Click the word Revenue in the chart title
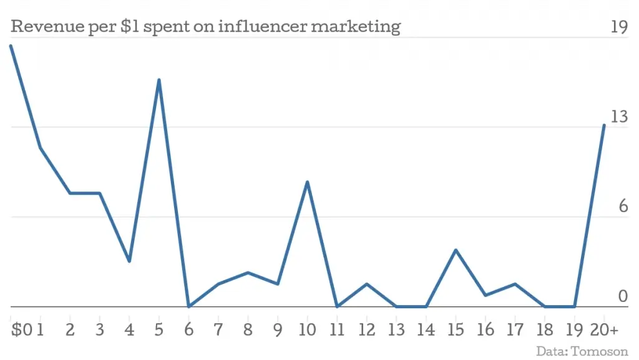click(x=42, y=27)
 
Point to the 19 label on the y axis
click(x=618, y=27)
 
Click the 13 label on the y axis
click(x=618, y=117)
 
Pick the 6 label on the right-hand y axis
click(x=623, y=207)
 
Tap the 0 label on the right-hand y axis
click(x=623, y=296)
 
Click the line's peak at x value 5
click(x=159, y=80)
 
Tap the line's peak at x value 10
click(x=307, y=182)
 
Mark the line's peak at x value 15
click(x=456, y=250)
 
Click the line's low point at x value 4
click(x=129, y=261)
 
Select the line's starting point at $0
click(x=11, y=46)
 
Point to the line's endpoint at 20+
click(x=604, y=125)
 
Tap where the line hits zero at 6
click(x=188, y=306)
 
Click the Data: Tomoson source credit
click(x=582, y=351)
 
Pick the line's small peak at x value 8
click(x=248, y=273)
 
